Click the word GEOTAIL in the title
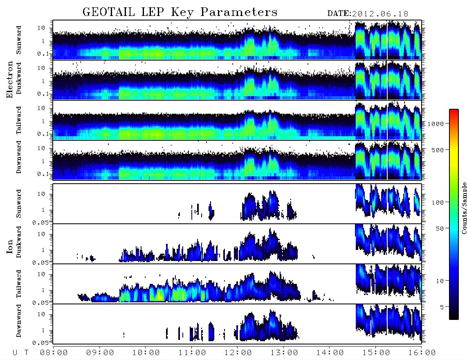[109, 12]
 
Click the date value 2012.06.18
[380, 14]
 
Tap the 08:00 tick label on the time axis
[54, 353]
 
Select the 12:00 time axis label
[238, 353]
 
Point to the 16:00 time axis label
[422, 353]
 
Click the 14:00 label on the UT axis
[330, 353]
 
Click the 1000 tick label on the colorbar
[436, 124]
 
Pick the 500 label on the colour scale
[438, 150]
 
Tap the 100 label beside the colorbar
[438, 202]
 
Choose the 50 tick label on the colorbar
[440, 229]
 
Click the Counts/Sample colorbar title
[464, 208]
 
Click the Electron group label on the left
[9, 79]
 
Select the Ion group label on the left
[9, 247]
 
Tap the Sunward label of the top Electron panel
[19, 40]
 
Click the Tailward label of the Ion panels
[19, 284]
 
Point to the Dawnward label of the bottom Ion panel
[19, 320]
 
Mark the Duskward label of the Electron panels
[19, 78]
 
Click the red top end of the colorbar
[454, 110]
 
